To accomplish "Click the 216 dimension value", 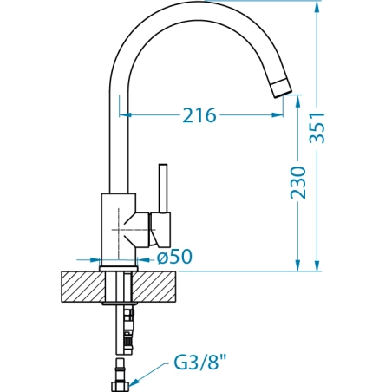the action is [199, 115].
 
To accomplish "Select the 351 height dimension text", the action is [317, 127].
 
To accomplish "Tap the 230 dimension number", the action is [298, 182].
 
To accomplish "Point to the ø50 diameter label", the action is [174, 257].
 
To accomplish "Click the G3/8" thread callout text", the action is [200, 363].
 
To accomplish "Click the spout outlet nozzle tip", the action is [281, 88].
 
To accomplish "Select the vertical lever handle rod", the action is [163, 188].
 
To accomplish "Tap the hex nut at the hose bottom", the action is [120, 387].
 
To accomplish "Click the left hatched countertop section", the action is [83, 287].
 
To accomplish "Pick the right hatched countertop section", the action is [154, 287].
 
